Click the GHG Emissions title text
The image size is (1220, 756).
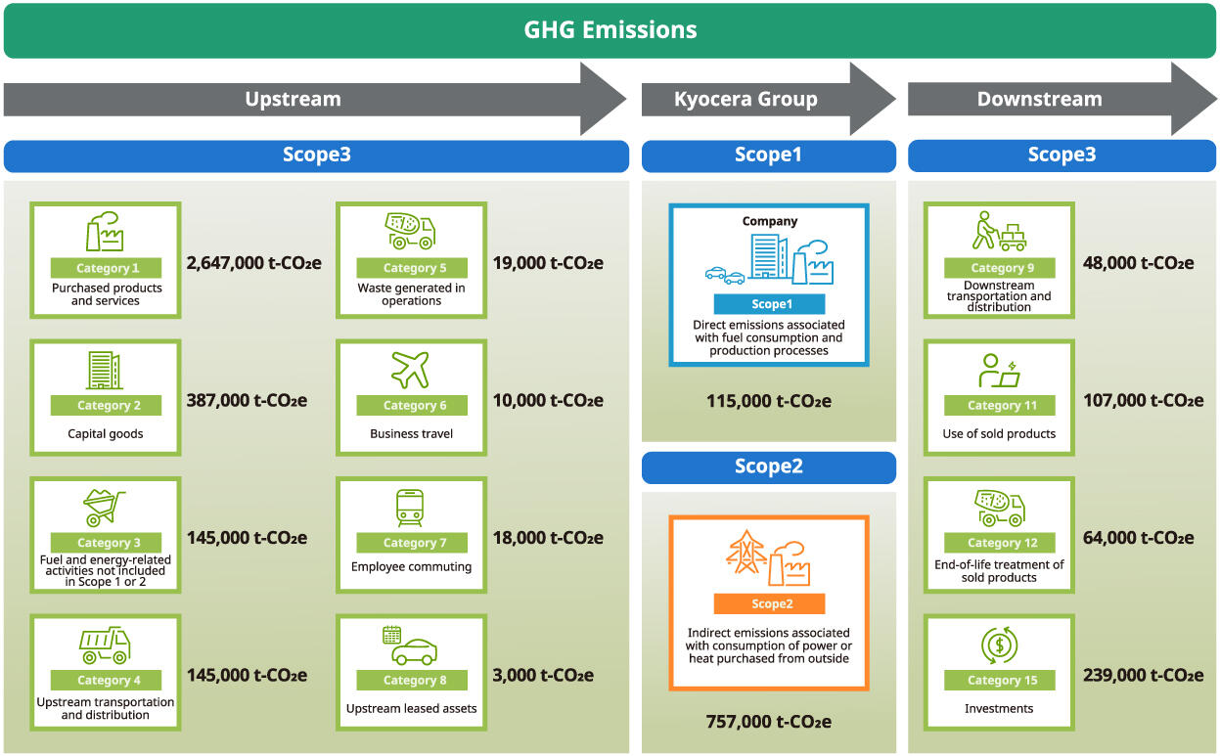coord(610,30)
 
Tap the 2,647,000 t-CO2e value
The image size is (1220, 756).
coord(253,262)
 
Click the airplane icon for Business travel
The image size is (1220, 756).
coord(411,370)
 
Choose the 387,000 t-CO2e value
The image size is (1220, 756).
coord(247,400)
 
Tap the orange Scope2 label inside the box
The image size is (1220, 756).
coord(769,603)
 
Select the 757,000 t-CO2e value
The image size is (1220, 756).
coord(768,722)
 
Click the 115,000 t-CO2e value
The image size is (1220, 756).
coord(768,401)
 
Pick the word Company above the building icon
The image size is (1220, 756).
coord(769,221)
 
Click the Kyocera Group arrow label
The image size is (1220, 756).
coord(746,99)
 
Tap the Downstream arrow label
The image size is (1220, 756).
coord(1039,99)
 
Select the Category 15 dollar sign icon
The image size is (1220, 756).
coord(999,645)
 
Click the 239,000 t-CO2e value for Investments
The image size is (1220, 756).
coord(1143,675)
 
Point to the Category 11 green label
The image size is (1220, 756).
coord(999,406)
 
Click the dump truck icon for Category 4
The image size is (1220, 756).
coord(105,645)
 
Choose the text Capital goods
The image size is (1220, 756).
coord(106,434)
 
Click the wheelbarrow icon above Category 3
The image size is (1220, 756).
coord(104,508)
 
